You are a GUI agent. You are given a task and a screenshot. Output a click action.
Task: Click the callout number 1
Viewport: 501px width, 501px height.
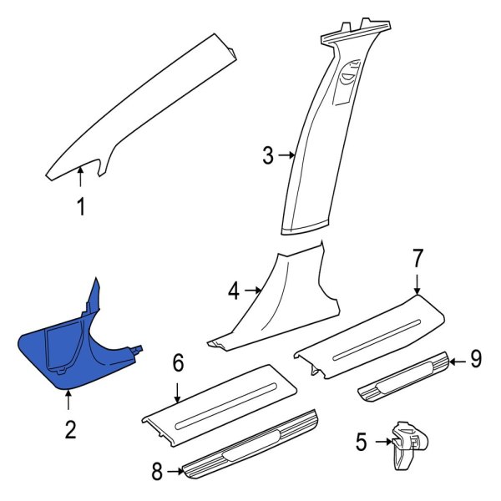pyautogui.click(x=81, y=205)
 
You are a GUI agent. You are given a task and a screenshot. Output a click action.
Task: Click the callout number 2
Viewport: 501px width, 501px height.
pyautogui.click(x=70, y=430)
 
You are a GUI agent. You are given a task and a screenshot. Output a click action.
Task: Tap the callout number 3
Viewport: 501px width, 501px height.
pyautogui.click(x=268, y=155)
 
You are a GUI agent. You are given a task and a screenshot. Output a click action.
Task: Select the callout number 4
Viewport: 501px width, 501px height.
pyautogui.click(x=234, y=291)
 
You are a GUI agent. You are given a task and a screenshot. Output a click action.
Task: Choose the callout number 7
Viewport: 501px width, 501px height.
pyautogui.click(x=418, y=259)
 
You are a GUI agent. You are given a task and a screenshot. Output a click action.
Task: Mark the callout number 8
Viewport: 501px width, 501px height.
pyautogui.click(x=157, y=472)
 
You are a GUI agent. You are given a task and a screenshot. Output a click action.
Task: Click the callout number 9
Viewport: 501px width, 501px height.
pyautogui.click(x=475, y=360)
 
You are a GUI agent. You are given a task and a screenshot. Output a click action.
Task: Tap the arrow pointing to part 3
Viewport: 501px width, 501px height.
pyautogui.click(x=287, y=155)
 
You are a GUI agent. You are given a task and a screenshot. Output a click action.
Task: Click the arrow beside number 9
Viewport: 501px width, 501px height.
pyautogui.click(x=457, y=361)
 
